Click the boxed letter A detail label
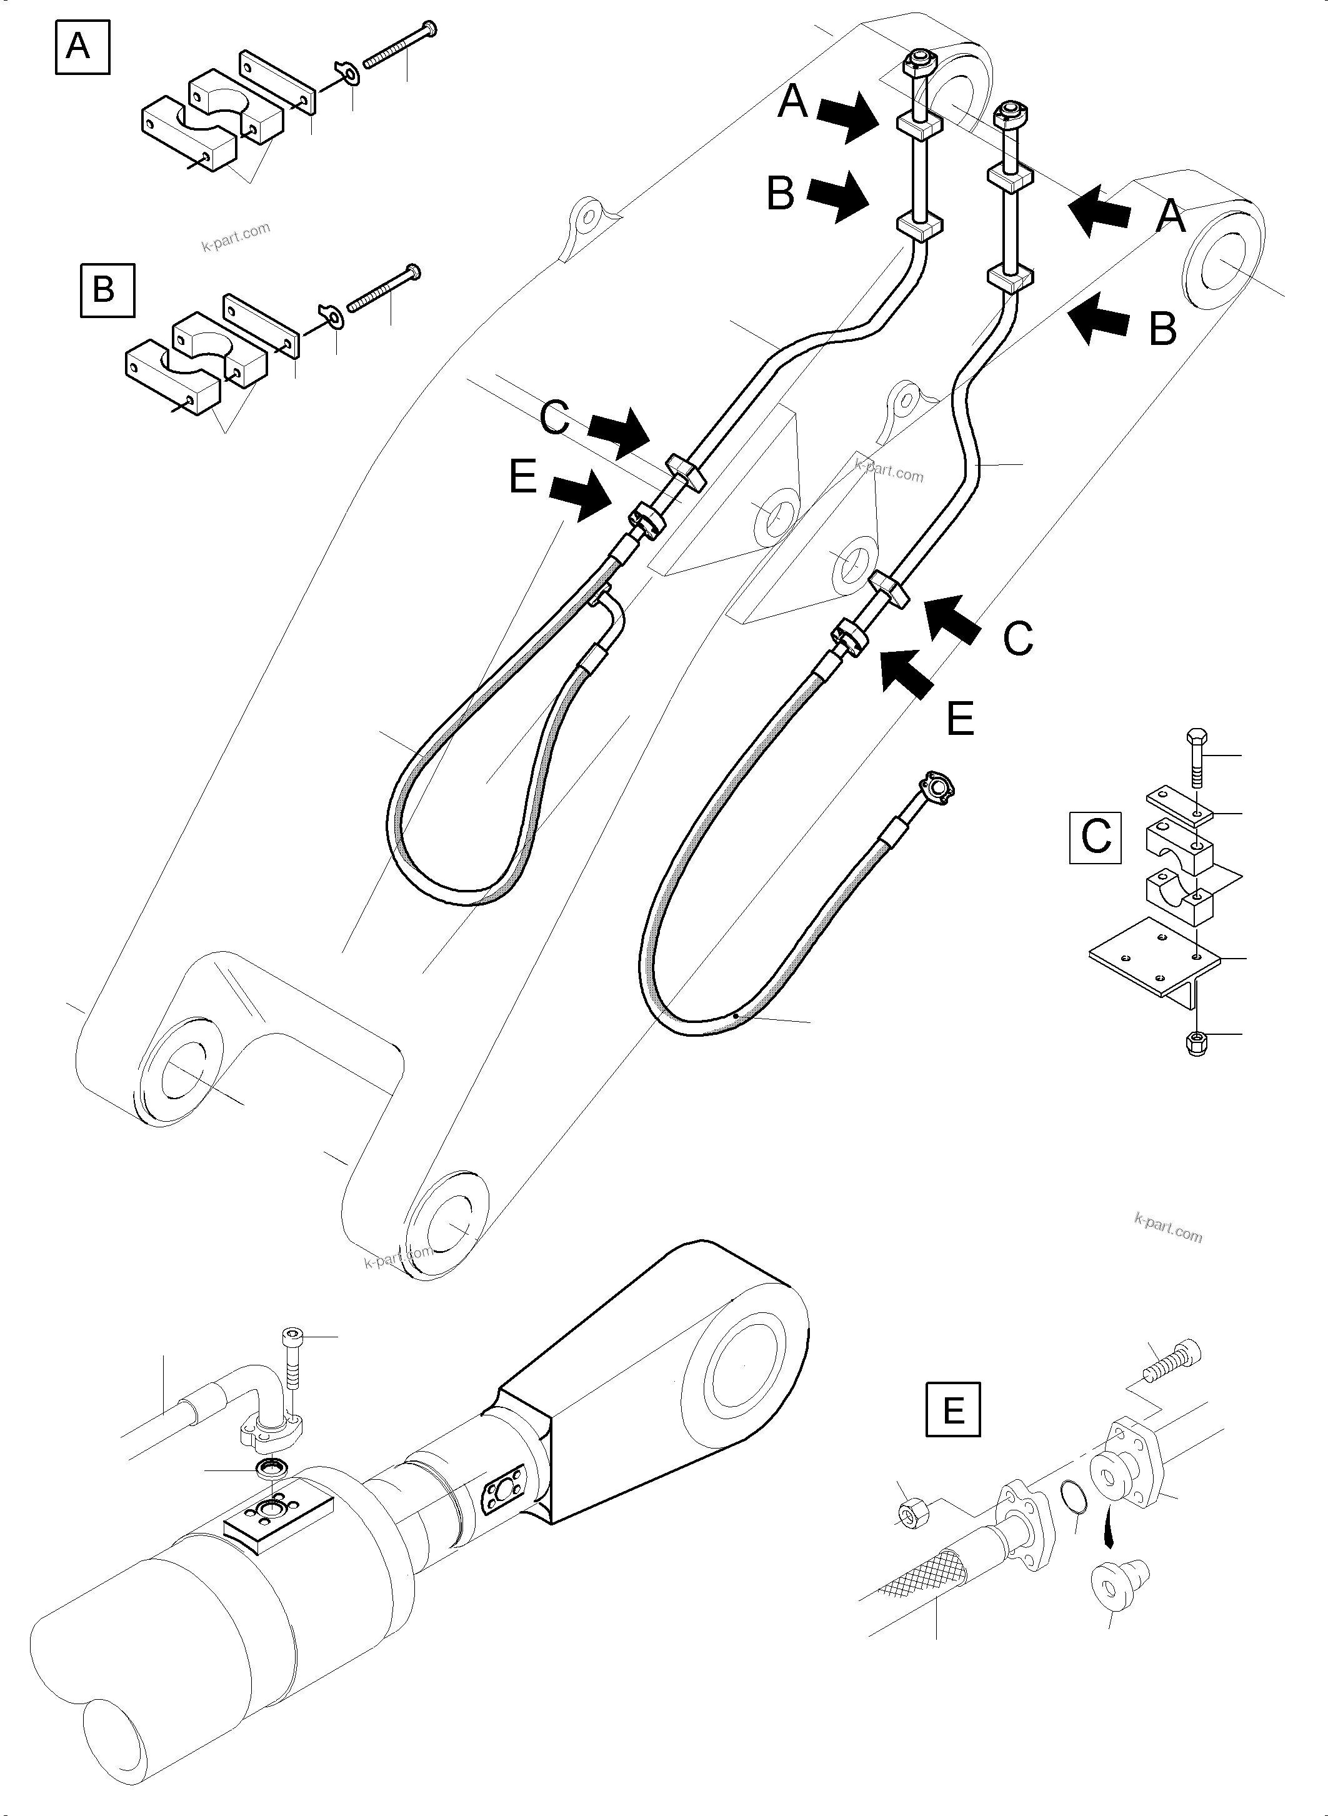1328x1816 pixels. click(x=81, y=47)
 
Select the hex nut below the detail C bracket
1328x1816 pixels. click(x=1196, y=1044)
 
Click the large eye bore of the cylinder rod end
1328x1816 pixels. click(x=743, y=1366)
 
